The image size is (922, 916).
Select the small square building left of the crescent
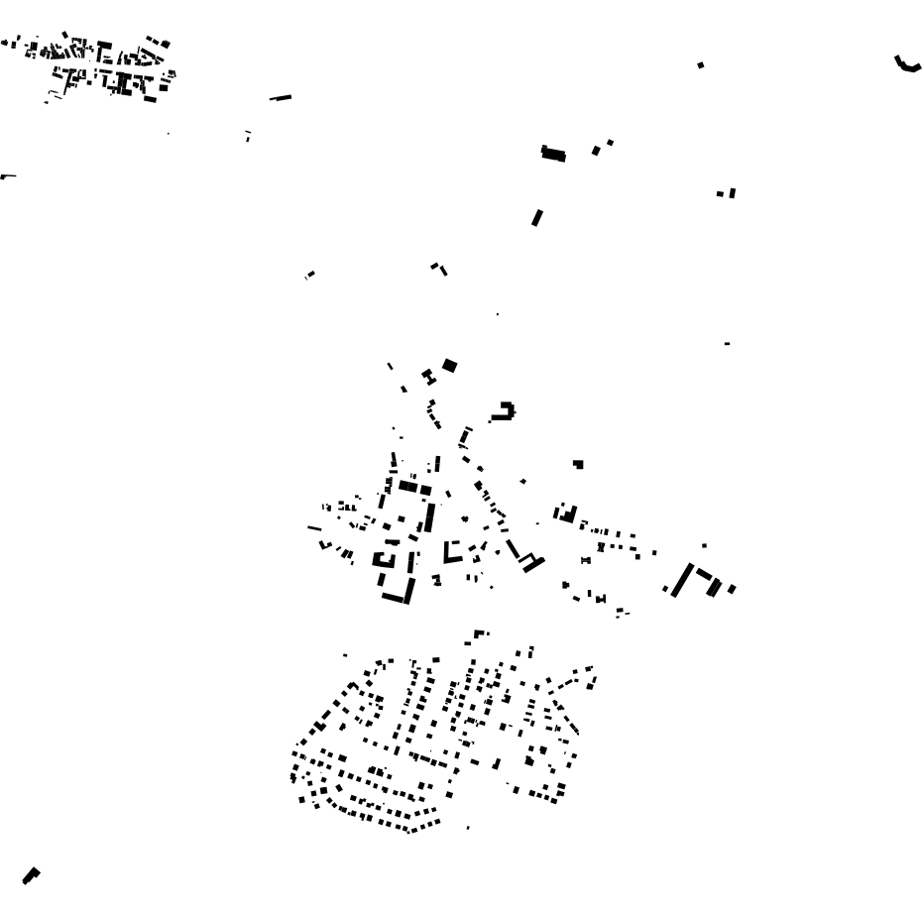701,65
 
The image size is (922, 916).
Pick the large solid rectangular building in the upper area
553,154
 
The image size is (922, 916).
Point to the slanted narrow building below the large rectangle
537,217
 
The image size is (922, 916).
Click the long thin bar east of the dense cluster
281,97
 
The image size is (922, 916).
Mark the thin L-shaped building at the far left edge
8,176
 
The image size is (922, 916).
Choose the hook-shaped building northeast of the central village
505,410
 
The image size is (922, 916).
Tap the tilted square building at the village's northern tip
449,366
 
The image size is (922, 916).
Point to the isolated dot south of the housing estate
468,828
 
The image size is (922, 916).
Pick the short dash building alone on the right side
728,343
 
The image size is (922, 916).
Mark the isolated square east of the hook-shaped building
578,464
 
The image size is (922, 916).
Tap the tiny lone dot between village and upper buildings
497,314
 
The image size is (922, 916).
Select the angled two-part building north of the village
438,268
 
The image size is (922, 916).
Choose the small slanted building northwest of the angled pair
310,275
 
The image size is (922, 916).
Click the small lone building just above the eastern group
704,545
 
